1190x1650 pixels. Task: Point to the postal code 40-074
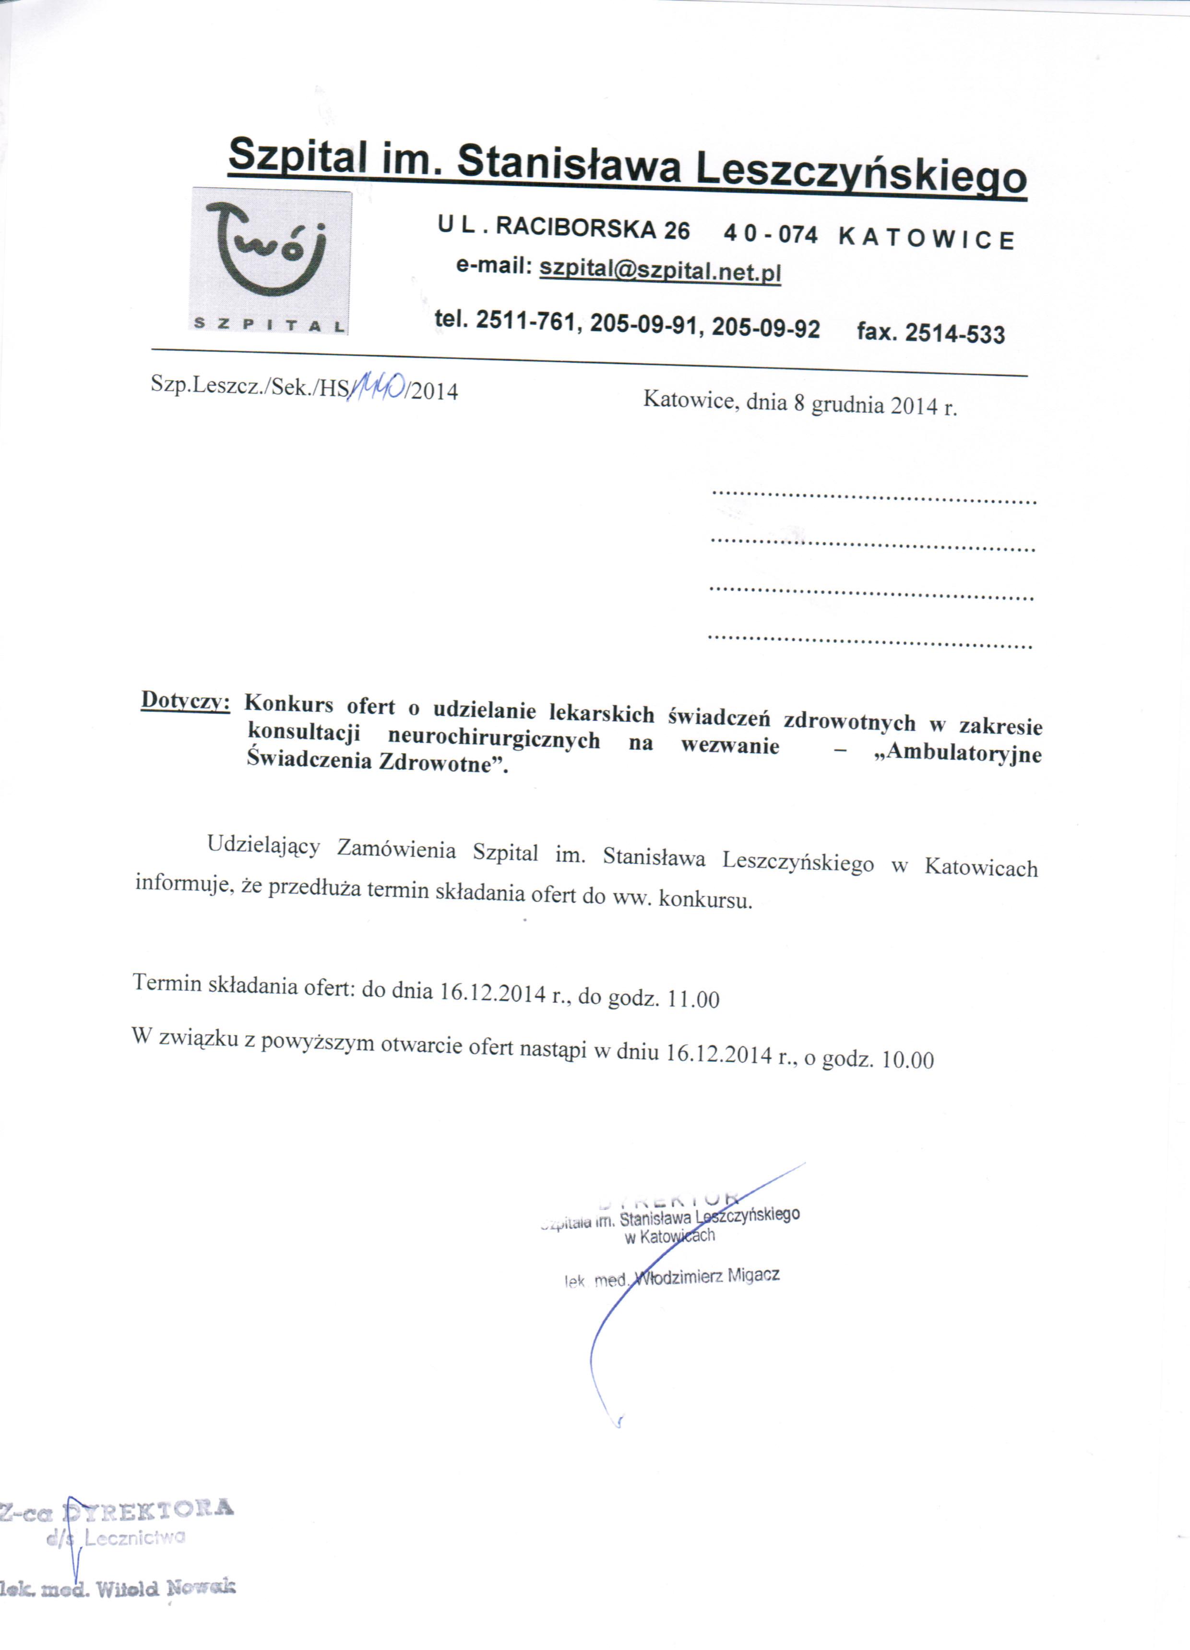coord(770,234)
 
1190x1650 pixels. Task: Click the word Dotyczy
coord(186,700)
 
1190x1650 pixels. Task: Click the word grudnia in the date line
coord(845,405)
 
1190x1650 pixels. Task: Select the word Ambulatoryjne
coord(964,752)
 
